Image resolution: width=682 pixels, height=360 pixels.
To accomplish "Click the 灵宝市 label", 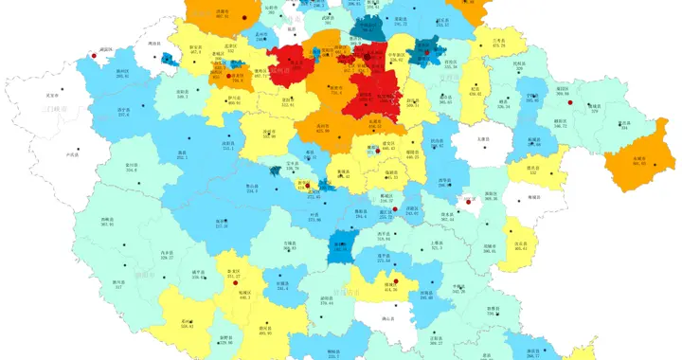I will coord(52,95).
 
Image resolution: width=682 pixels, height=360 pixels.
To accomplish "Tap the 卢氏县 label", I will coord(70,153).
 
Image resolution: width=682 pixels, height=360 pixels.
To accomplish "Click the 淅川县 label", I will coord(118,281).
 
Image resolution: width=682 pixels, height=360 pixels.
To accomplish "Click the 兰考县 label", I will coord(496,41).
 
